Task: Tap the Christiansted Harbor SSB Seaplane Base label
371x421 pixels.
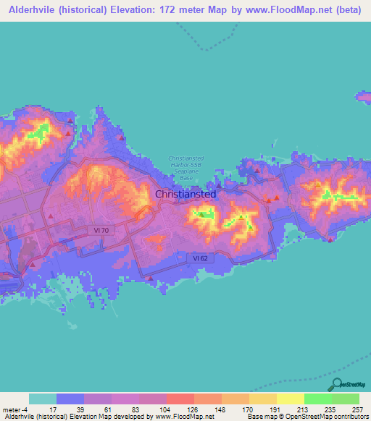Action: (186, 168)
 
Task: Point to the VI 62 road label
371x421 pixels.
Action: (205, 257)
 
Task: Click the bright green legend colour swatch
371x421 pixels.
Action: (317, 399)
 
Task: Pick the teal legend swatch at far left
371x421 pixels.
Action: (43, 399)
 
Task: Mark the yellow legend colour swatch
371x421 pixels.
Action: (290, 399)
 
